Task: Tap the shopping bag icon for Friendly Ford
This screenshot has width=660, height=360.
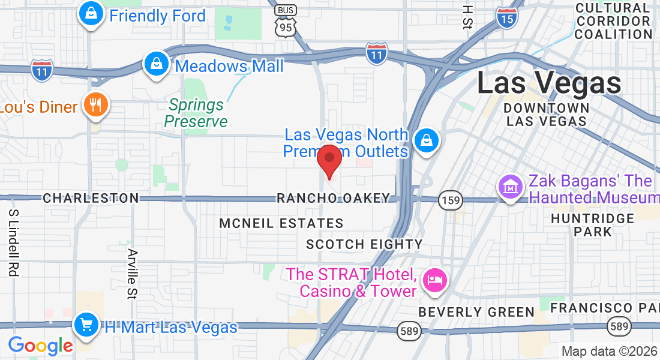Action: (x=91, y=14)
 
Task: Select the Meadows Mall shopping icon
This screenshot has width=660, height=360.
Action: (x=156, y=63)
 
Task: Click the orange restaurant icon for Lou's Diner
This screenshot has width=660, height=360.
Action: (x=95, y=105)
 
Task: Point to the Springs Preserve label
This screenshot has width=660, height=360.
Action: (x=196, y=113)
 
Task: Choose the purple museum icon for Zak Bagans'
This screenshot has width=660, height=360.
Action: (x=511, y=187)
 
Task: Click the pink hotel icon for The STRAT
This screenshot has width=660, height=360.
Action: (x=435, y=280)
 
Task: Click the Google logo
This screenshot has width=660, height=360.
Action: (x=40, y=346)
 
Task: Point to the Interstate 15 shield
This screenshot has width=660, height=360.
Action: (x=507, y=19)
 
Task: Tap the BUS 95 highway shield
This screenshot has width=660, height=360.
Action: (x=285, y=21)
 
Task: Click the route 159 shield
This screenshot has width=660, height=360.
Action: (x=449, y=200)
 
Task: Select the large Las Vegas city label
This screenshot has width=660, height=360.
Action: (x=549, y=83)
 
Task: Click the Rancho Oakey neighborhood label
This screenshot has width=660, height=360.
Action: (x=333, y=198)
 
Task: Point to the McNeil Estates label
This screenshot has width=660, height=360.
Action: (x=281, y=224)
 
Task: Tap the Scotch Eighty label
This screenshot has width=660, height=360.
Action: (x=364, y=244)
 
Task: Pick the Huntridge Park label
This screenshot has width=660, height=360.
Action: (x=593, y=225)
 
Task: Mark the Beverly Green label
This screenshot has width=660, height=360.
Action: (x=476, y=312)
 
